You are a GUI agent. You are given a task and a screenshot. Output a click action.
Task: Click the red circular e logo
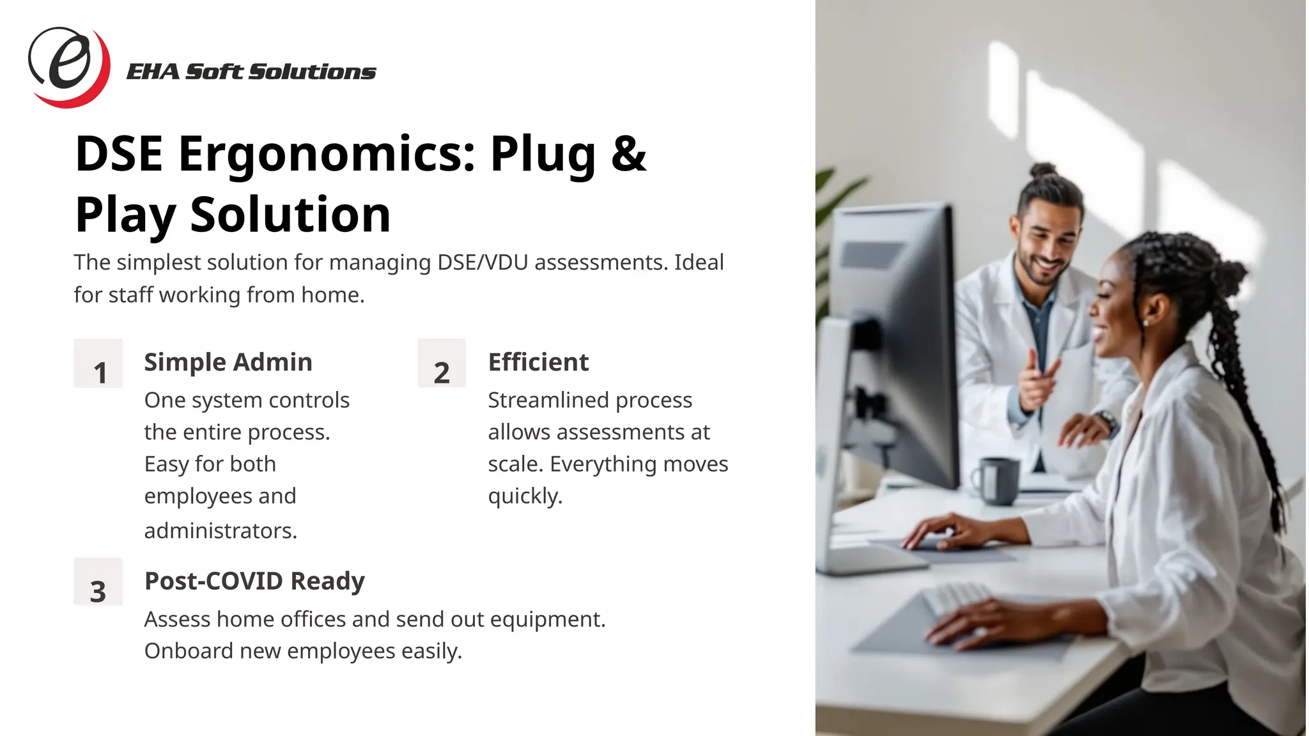(68, 66)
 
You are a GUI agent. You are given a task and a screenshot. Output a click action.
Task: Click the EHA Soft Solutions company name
(251, 72)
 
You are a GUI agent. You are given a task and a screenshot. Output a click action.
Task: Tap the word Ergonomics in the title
(327, 154)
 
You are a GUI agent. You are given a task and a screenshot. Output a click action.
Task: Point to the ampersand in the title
(628, 154)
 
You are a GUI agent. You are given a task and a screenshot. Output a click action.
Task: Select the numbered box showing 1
(98, 364)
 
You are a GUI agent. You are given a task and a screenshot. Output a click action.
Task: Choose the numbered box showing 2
(442, 364)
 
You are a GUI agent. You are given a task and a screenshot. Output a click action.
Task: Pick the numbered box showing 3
(98, 582)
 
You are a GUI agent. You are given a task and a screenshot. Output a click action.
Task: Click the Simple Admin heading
(228, 362)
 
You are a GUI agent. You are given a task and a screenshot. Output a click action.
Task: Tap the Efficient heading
(538, 362)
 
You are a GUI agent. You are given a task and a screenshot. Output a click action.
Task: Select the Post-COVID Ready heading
(254, 581)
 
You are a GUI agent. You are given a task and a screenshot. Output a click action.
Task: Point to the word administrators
(221, 531)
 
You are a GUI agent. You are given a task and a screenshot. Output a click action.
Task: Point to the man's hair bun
(1043, 171)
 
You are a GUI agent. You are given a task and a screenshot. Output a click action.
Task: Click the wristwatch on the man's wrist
(1104, 420)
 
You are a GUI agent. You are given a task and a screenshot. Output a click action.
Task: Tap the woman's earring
(1145, 323)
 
